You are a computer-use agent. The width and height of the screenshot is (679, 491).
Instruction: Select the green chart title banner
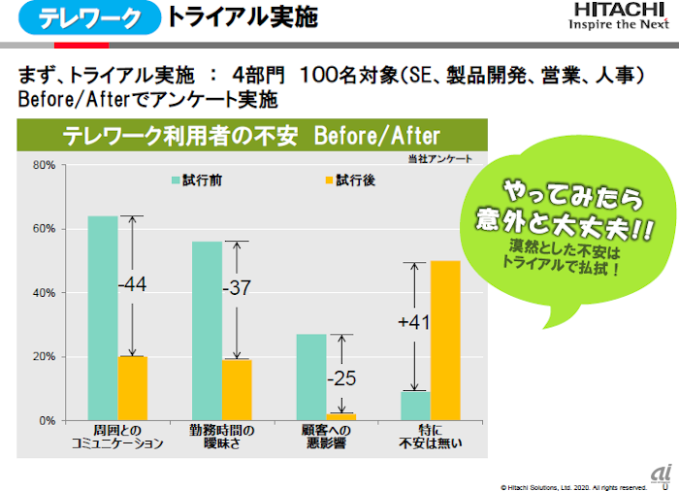coord(251,135)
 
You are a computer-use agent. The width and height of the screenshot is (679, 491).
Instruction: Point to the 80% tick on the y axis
coord(45,165)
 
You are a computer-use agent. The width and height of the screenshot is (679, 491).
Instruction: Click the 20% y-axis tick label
coord(45,357)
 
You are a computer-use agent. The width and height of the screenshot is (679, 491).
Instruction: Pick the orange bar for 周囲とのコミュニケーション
coord(133,388)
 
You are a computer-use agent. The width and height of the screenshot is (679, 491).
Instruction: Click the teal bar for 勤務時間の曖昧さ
coord(207,331)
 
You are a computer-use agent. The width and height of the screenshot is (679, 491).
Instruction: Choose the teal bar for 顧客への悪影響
coord(311,377)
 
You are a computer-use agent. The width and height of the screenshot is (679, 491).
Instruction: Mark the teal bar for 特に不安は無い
coord(415,406)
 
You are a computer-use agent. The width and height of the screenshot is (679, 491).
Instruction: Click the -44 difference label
coord(132,285)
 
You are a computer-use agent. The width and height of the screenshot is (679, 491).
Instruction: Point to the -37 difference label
coord(237,289)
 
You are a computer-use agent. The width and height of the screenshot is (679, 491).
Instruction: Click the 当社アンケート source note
coord(441,157)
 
